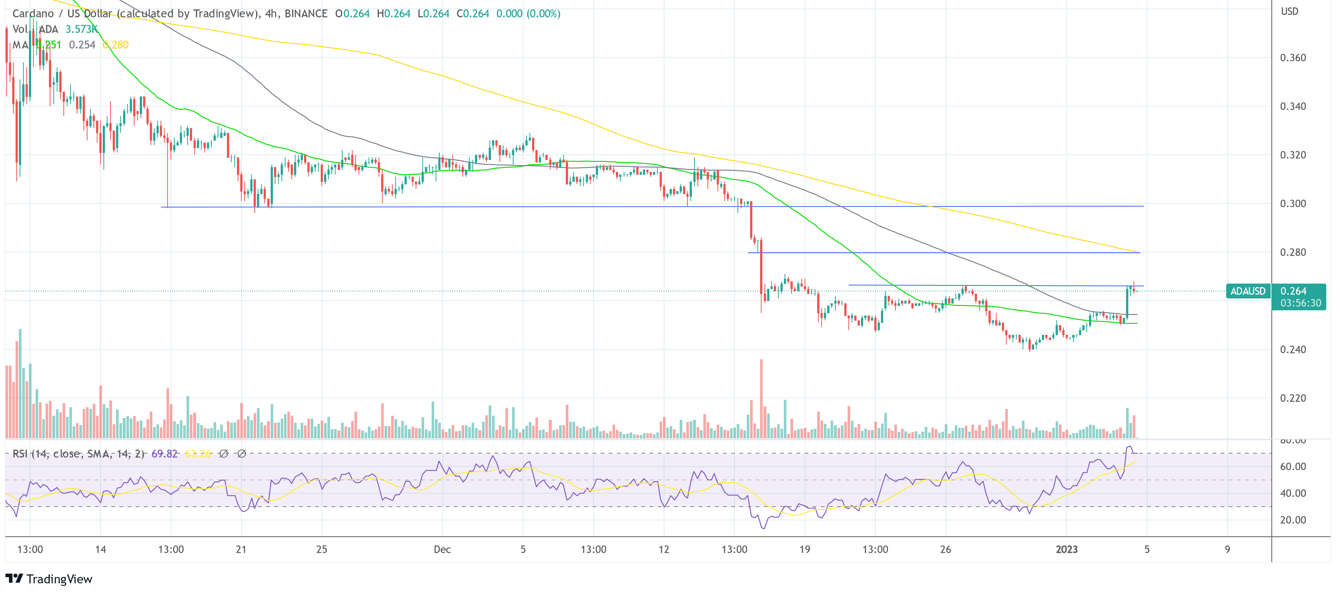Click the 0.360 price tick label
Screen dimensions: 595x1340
pos(1293,58)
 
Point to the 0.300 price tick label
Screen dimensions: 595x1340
pos(1293,203)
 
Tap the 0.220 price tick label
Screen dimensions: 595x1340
pos(1293,398)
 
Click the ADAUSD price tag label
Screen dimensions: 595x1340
pos(1247,291)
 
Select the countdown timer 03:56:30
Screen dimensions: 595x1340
pos(1300,303)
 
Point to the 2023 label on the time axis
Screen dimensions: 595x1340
pos(1066,549)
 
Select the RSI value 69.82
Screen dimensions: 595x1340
pos(164,454)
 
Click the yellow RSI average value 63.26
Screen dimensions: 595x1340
pos(198,454)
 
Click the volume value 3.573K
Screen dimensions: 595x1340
pos(82,29)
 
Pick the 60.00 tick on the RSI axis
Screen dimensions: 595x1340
pos(1293,467)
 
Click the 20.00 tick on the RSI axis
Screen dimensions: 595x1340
pos(1293,520)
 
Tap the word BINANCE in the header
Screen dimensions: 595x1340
pos(306,13)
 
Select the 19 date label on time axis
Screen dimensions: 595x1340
pos(804,549)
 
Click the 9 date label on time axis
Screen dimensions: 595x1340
pos(1227,549)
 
